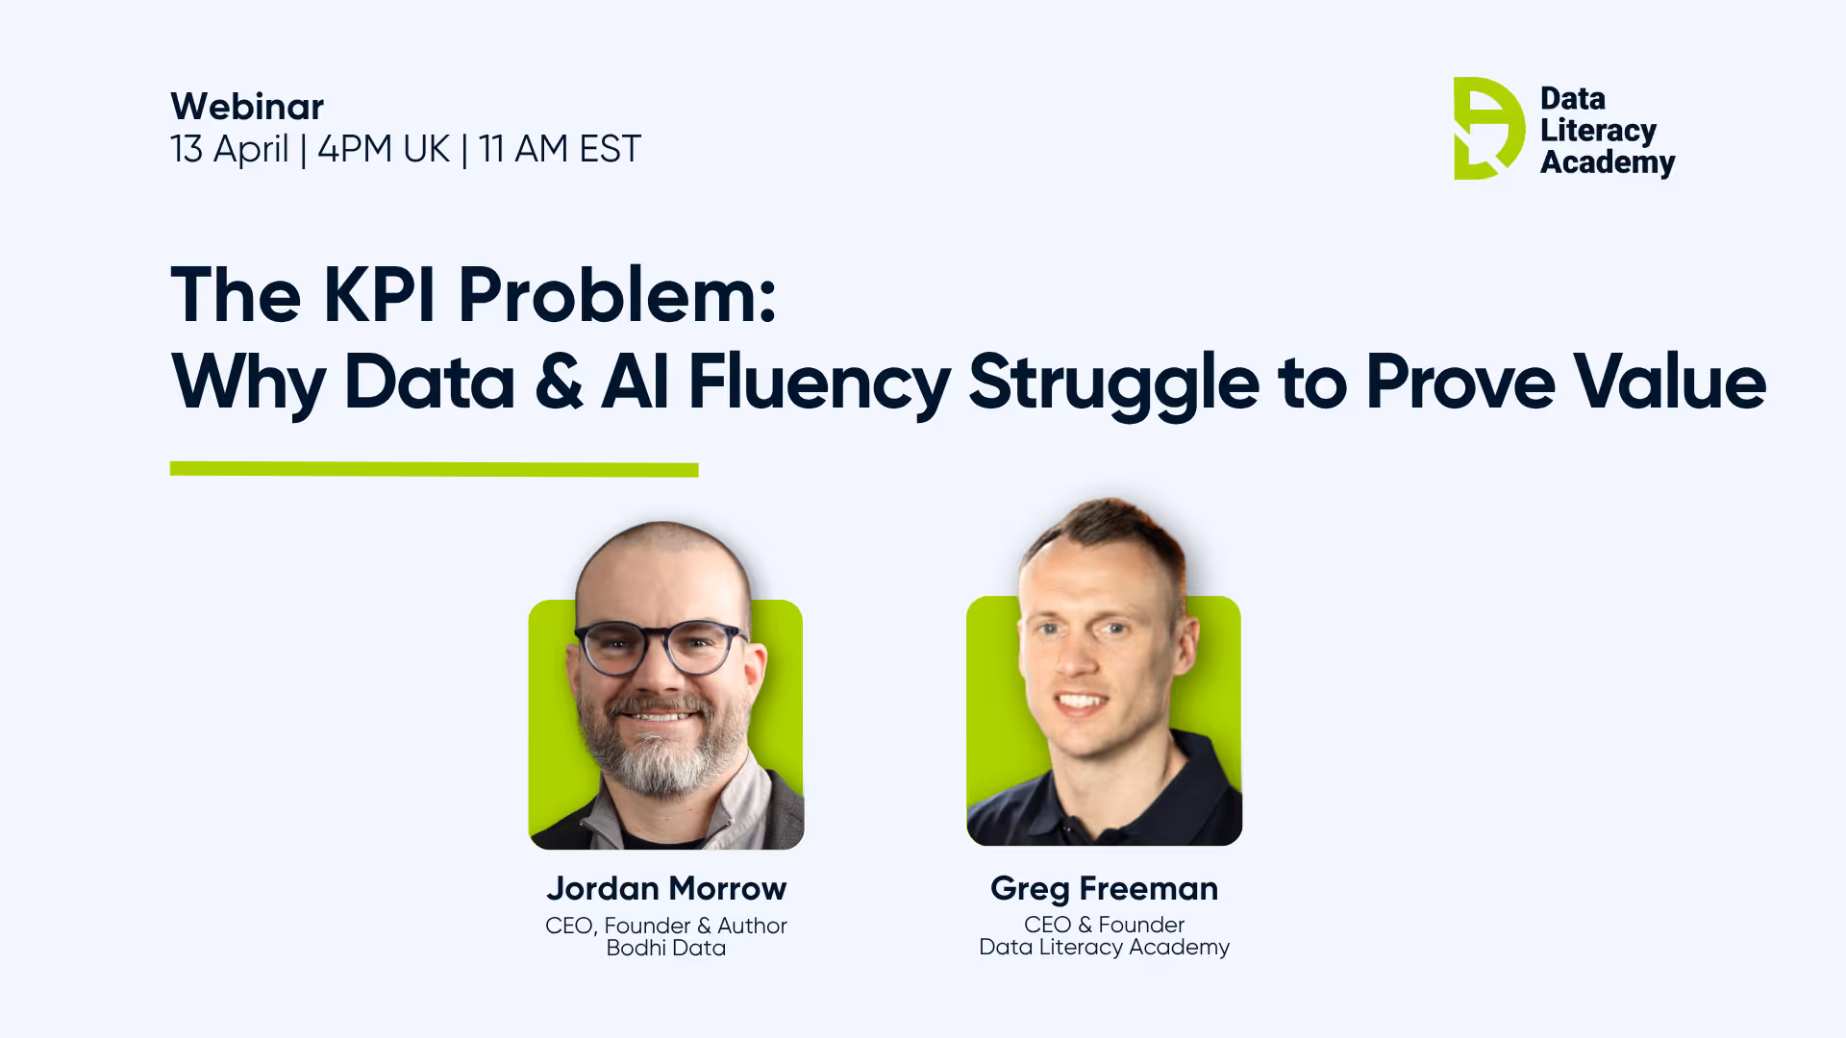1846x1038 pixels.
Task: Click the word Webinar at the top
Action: [247, 107]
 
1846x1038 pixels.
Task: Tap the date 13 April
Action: [229, 150]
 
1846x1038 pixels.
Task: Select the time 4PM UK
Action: [383, 150]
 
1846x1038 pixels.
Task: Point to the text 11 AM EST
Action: [560, 150]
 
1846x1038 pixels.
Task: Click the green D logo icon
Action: [1486, 129]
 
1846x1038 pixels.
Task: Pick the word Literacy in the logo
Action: [1598, 131]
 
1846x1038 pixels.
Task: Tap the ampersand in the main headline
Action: [559, 383]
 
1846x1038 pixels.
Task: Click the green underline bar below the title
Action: [434, 469]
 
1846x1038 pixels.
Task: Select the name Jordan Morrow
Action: [666, 889]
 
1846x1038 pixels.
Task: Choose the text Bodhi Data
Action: [666, 949]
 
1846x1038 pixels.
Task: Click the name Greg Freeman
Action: [1104, 889]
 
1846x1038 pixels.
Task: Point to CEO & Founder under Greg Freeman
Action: [1104, 925]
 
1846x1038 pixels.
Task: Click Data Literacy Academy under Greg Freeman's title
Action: [1104, 948]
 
